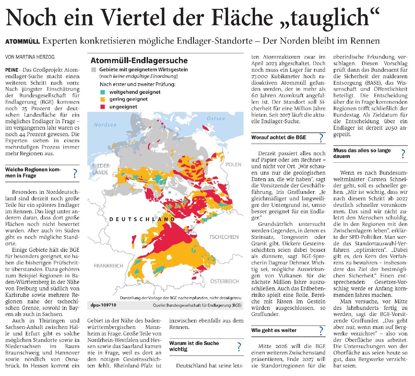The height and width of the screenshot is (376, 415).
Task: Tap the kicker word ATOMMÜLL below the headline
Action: (22, 42)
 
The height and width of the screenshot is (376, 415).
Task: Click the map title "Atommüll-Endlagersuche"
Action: (139, 61)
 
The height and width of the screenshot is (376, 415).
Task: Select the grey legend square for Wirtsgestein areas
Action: (94, 70)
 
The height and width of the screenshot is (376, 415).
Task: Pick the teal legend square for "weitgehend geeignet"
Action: (103, 92)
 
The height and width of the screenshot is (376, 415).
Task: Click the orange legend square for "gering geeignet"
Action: (103, 99)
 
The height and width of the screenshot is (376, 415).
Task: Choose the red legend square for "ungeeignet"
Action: (103, 107)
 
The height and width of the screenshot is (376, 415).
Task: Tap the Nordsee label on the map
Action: (105, 125)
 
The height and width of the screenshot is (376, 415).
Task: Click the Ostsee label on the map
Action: (216, 118)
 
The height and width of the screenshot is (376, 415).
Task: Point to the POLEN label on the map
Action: (233, 164)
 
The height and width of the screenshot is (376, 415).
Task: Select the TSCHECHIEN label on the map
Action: (224, 237)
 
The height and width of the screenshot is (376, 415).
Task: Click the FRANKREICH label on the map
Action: (108, 265)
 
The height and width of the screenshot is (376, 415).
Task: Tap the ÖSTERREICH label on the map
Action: (224, 281)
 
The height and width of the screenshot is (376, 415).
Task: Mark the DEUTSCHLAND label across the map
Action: (142, 219)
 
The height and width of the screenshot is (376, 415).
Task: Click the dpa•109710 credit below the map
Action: (104, 305)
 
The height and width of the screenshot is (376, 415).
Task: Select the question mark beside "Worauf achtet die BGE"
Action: (321, 138)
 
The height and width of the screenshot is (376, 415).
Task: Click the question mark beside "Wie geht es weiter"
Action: (321, 331)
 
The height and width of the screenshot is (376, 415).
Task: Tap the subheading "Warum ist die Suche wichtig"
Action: (194, 346)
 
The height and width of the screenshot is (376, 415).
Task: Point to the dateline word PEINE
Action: (12, 70)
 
